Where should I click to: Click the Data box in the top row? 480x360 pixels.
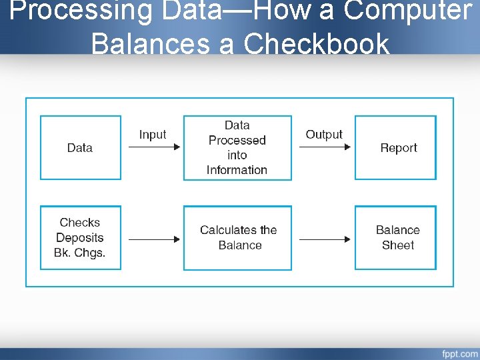tap(80, 148)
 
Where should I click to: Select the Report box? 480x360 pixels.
tap(395, 148)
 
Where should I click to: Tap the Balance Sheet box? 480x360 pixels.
tap(395, 238)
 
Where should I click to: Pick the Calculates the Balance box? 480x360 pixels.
tap(237, 238)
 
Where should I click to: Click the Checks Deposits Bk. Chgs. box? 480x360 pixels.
tap(80, 238)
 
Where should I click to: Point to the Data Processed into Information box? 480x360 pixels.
tap(237, 148)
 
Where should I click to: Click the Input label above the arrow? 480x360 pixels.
tap(152, 135)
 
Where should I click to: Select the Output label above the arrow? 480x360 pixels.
tap(324, 135)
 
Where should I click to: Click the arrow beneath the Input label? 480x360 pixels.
tap(153, 147)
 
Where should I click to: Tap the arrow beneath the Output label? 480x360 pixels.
tap(325, 147)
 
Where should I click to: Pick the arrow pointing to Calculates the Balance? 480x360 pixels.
tap(153, 239)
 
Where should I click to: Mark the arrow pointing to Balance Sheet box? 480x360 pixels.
tap(325, 239)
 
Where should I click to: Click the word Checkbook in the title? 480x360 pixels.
tap(317, 44)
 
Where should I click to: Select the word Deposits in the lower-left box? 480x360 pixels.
tap(80, 238)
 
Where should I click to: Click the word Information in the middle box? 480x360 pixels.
tap(237, 170)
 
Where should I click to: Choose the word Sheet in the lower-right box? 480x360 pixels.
tap(398, 245)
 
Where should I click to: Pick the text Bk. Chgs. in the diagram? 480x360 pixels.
tap(80, 253)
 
